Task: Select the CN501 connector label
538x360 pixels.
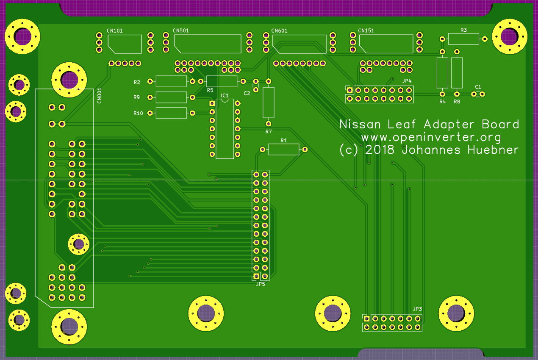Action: point(181,30)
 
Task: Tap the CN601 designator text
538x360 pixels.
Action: point(279,30)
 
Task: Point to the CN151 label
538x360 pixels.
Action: point(366,30)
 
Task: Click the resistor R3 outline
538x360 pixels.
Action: point(463,39)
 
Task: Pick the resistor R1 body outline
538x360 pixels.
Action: point(283,150)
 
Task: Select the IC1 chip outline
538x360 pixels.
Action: point(225,129)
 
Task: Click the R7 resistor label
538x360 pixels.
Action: point(269,132)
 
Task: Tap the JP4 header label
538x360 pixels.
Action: point(407,80)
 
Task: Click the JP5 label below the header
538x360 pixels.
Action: point(261,284)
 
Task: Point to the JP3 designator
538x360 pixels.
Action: point(417,309)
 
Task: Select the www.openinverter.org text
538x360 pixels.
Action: point(431,137)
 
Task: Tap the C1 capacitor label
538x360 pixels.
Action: point(478,87)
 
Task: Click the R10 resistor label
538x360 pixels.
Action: point(138,114)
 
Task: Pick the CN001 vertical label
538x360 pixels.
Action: point(99,95)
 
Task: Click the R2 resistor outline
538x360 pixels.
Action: point(171,81)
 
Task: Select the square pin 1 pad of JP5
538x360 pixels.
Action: point(256,277)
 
